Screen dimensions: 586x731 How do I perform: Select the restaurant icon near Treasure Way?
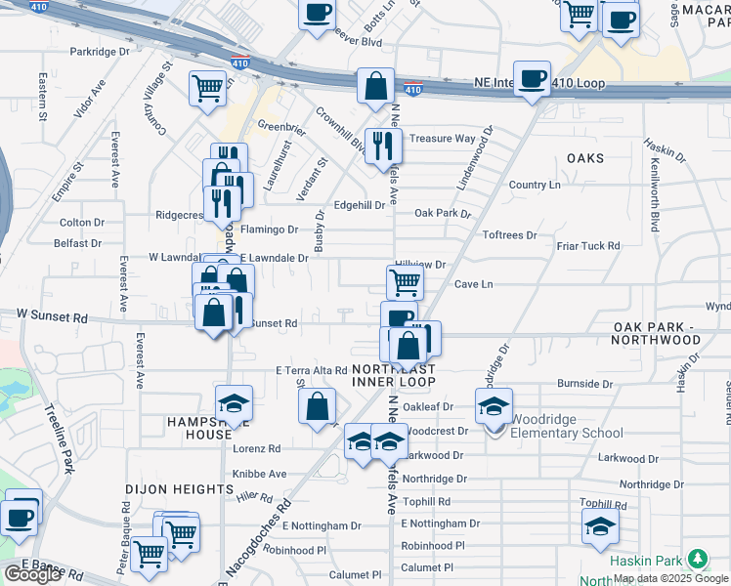382,146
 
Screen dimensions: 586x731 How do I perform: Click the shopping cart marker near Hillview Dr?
405,283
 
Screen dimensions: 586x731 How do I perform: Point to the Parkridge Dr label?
100,51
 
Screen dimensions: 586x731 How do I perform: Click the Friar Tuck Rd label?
588,246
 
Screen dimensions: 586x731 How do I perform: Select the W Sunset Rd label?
53,317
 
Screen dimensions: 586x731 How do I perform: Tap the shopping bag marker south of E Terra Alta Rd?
317,408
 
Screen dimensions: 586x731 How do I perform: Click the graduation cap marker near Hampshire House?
234,404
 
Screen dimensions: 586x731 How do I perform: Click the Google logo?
31,574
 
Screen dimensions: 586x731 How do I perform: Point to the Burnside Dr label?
583,384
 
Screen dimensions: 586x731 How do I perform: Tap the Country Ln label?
535,185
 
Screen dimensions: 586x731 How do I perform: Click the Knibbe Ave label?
260,474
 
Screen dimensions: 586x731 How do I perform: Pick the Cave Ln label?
473,284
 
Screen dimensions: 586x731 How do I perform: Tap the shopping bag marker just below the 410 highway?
375,86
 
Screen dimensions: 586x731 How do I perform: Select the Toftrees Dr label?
510,235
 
